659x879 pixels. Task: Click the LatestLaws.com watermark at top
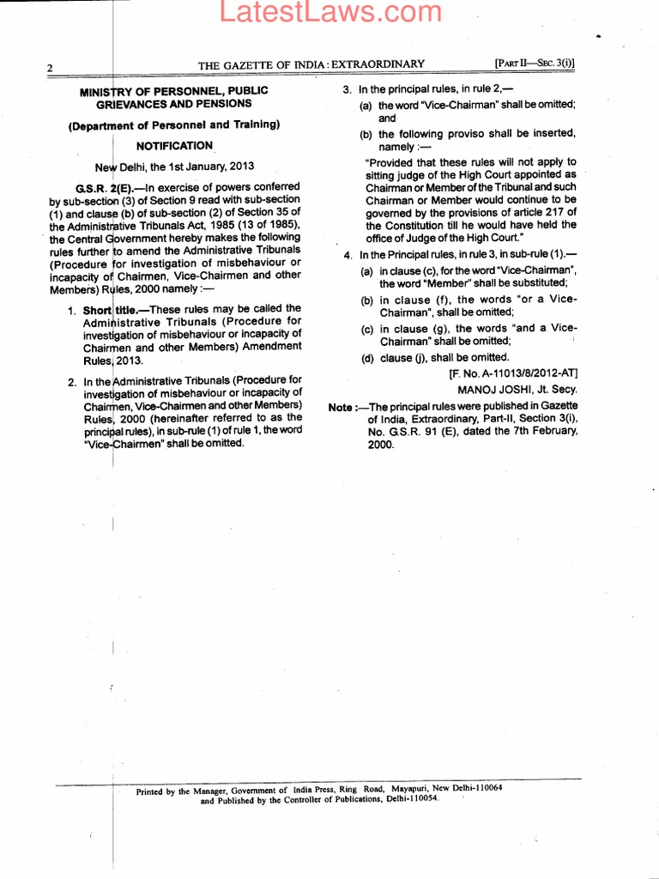(x=329, y=11)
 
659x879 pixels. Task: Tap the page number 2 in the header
(x=51, y=68)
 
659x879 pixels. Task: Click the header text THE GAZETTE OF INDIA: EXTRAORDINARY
(x=311, y=64)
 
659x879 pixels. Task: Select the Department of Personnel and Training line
(x=174, y=125)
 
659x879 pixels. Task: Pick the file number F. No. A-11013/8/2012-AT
(x=513, y=373)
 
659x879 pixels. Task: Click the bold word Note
(x=343, y=406)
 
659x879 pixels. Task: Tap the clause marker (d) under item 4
(x=367, y=358)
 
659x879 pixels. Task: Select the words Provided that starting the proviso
(x=396, y=162)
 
